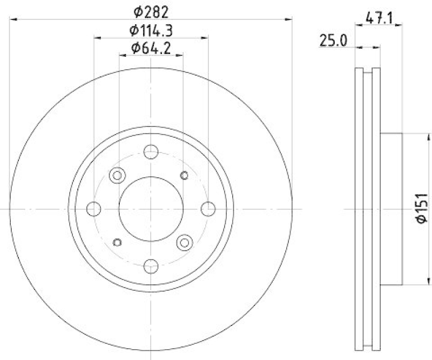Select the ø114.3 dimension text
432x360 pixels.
(x=151, y=30)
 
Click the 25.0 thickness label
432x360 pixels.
(x=332, y=40)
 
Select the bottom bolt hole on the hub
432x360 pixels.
(x=151, y=265)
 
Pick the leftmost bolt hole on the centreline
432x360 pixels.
(x=94, y=208)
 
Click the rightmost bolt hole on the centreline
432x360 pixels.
(x=208, y=208)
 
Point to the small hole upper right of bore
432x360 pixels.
(x=185, y=175)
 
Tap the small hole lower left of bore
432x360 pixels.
(x=117, y=242)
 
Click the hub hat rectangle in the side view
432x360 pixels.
(x=391, y=208)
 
